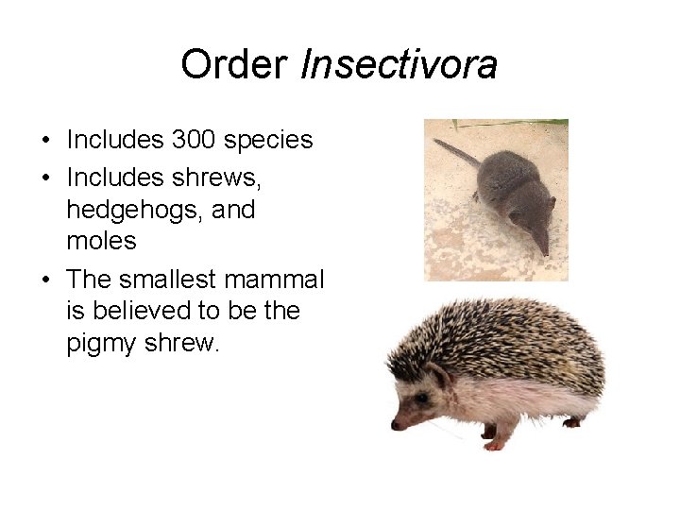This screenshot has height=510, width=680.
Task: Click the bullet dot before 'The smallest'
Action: point(45,280)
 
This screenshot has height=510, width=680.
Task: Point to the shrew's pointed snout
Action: point(542,247)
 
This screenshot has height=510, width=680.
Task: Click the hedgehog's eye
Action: point(420,399)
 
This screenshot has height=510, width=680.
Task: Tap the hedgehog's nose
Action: point(395,424)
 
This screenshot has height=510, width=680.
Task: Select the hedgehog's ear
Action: point(439,376)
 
